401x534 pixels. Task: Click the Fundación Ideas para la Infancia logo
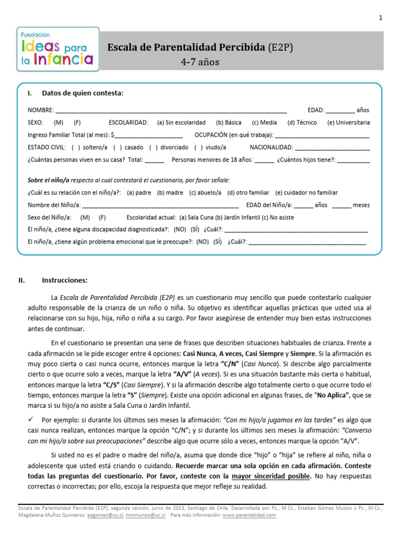57,47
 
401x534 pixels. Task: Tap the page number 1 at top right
381,18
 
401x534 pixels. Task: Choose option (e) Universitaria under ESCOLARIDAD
348,123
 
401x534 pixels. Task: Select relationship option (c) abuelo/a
205,192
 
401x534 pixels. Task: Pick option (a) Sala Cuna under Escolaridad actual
196,217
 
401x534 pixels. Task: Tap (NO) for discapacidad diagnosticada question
180,229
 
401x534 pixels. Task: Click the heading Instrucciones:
65,280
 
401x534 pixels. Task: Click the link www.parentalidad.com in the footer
249,515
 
